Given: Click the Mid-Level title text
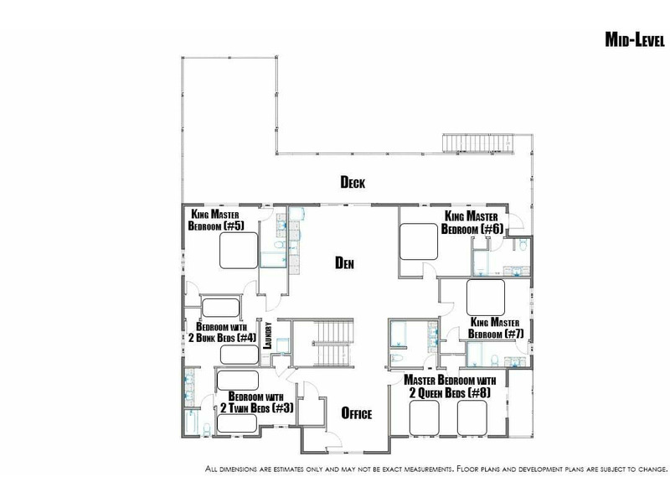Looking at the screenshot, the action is point(635,39).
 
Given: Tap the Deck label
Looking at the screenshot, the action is point(353,182).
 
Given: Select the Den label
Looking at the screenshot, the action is point(344,262).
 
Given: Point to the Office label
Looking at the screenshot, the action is point(357,413).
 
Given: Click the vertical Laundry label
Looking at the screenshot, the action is point(268,335).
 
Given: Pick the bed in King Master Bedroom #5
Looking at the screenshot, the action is point(239,250).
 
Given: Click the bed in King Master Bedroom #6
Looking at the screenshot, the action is point(419,242).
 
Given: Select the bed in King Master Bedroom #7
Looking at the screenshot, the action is point(486,298).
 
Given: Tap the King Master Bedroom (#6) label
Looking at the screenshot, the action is point(472,222).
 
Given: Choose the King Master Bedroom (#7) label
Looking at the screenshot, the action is point(496,328).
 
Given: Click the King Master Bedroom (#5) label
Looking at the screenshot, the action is point(216,220).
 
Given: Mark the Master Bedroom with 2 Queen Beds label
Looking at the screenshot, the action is point(450,386).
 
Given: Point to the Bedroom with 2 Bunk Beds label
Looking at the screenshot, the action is point(222,332).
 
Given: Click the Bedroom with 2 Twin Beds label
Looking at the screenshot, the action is point(257,402).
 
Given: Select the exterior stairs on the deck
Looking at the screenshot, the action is point(477,143).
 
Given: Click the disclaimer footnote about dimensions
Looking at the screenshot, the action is point(436,469).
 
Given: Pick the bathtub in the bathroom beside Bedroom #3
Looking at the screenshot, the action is point(191,423).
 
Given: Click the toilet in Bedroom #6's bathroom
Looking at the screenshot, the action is point(523,245).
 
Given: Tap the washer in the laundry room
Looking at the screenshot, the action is point(282,345).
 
